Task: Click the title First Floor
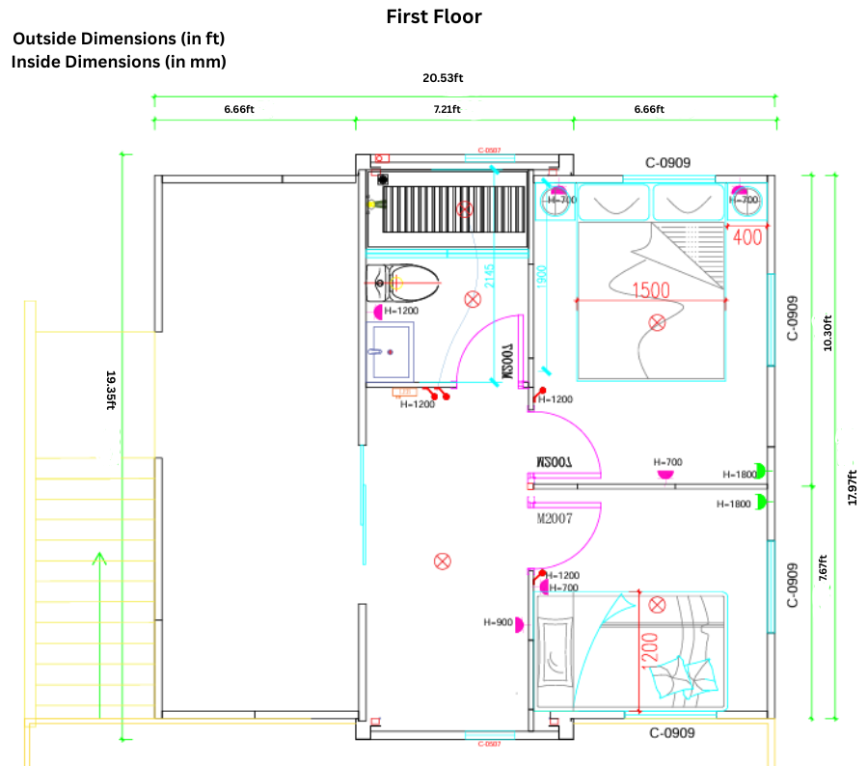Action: click(434, 16)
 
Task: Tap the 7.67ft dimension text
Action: click(822, 568)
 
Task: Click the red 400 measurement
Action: click(747, 236)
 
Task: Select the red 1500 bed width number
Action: click(652, 289)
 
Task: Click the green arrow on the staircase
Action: click(97, 579)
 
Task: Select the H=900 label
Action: click(498, 622)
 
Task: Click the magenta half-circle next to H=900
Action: click(519, 624)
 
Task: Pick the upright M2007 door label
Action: click(555, 518)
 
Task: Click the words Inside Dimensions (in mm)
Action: click(119, 62)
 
